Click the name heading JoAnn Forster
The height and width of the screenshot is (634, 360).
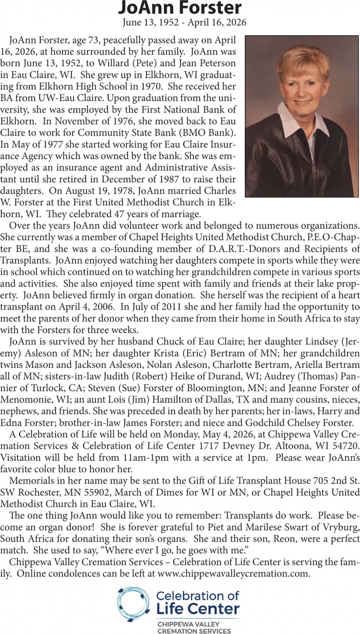point(180,8)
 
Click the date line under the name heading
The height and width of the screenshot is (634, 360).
point(184,23)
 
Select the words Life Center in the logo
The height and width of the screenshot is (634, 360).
point(198,609)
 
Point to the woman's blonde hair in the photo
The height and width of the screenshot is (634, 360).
point(303,62)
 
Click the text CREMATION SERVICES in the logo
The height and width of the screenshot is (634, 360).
point(194,631)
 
